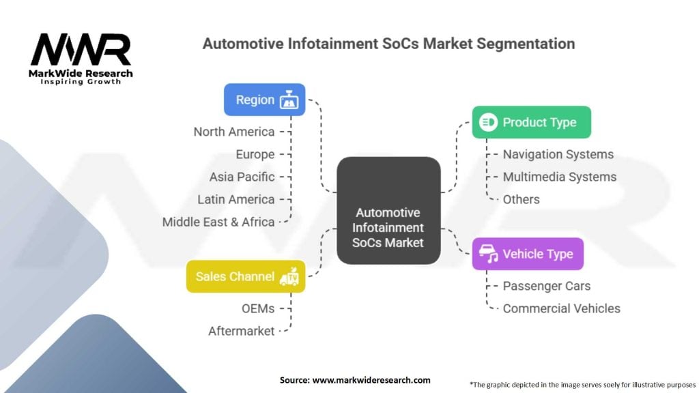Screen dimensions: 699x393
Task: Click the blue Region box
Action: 264,100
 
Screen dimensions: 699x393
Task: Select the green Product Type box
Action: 531,122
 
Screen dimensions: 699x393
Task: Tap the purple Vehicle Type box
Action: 528,254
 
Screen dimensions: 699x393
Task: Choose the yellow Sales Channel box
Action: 246,277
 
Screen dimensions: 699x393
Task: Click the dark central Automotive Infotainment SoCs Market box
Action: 388,210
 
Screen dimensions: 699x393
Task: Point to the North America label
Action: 234,132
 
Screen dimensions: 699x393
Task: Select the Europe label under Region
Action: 255,155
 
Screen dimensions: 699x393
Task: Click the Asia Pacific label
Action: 242,177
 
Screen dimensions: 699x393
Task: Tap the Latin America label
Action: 236,200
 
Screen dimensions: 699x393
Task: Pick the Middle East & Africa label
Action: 218,222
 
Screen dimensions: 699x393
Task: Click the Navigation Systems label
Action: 558,155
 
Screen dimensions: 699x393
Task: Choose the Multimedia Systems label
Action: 560,177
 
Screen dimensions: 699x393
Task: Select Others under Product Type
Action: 521,200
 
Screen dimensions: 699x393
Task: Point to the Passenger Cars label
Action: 547,286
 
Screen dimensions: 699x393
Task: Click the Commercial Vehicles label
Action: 561,308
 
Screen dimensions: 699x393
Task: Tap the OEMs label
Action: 258,308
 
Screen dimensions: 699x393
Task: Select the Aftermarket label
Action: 241,331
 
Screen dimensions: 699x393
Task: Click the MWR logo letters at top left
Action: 81,50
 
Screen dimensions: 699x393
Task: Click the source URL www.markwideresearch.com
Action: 371,380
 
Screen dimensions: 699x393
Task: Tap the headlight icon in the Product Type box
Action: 488,122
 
